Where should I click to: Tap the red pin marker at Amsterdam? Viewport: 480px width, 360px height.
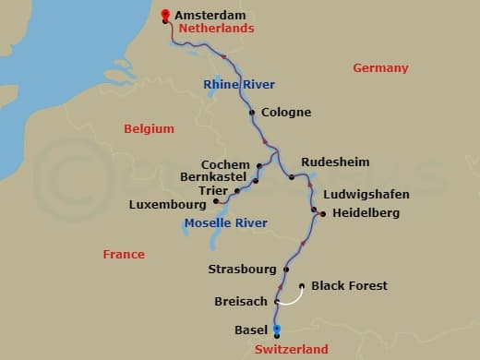pos(165,14)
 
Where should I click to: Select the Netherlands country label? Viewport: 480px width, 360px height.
pos(217,29)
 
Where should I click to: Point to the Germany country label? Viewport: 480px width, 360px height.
pos(380,68)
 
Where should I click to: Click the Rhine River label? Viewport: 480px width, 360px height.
pos(239,85)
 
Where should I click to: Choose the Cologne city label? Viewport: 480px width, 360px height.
pos(286,113)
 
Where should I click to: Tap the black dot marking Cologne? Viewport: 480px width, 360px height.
pos(252,113)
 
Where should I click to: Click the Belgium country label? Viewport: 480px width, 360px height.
pos(150,129)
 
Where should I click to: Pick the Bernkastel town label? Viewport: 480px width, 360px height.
pos(215,177)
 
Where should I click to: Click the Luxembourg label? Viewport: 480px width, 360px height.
pos(166,203)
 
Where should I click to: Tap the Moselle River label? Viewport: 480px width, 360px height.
pos(226,223)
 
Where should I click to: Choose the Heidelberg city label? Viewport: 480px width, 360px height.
pos(366,213)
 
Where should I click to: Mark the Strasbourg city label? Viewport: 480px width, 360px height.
pos(243,270)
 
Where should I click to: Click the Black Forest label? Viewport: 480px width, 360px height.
pos(350,286)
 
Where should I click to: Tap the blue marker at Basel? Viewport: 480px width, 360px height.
pos(277,329)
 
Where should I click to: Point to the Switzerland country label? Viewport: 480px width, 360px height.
pos(291,350)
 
